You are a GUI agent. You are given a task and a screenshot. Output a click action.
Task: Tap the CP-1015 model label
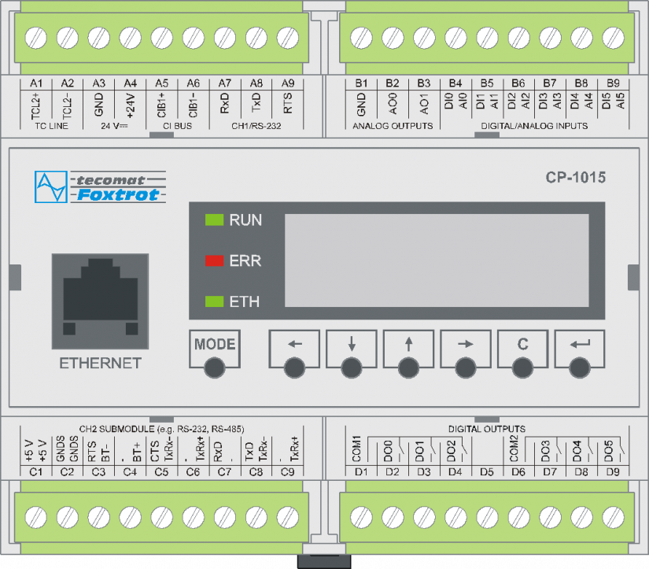575,178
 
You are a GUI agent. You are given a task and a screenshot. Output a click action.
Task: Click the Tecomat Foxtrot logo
98,186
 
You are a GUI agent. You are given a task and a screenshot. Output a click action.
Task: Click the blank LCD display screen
437,260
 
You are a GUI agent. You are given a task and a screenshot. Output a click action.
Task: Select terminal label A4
130,83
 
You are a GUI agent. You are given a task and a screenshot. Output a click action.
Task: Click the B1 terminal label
361,83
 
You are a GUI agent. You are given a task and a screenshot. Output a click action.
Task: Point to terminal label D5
487,472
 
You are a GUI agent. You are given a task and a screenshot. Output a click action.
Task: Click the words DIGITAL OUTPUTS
487,429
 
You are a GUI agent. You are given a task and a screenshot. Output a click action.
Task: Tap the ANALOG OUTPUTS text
393,126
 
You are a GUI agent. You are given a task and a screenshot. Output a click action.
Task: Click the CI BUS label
177,126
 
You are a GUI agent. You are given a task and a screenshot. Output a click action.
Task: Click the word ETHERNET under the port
100,363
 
